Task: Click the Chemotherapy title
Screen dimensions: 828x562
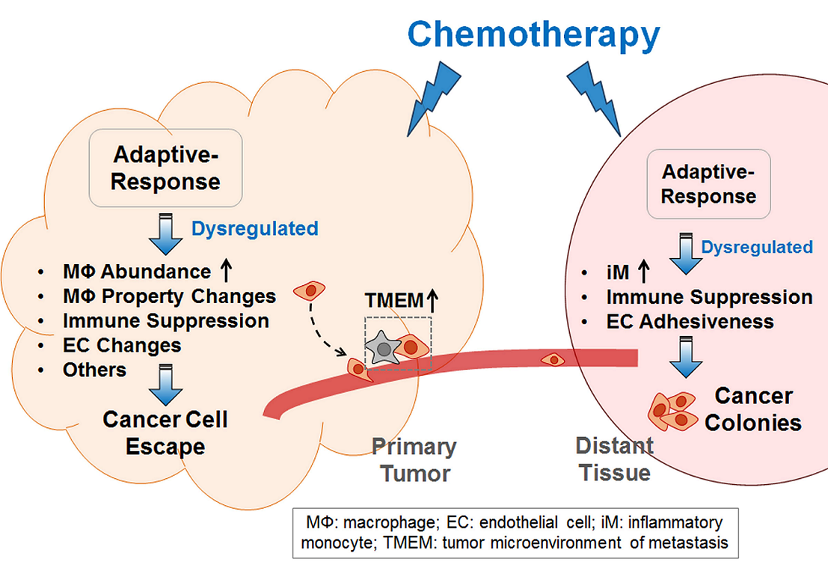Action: click(x=533, y=36)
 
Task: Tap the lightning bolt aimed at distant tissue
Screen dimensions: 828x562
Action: click(x=594, y=99)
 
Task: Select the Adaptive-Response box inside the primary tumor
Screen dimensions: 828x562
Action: click(x=165, y=168)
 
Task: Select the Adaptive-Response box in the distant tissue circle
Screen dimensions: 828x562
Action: click(x=708, y=184)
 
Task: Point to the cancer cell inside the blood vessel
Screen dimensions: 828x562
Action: click(x=553, y=360)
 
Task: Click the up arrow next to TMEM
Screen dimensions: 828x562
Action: click(x=432, y=300)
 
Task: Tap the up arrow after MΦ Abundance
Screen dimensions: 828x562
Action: click(x=225, y=270)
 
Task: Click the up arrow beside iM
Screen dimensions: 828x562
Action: click(x=643, y=271)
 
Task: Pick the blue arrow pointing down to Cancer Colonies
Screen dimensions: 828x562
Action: click(x=686, y=357)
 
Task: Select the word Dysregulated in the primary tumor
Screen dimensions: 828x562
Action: click(x=255, y=228)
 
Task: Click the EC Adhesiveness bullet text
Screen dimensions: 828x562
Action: click(x=690, y=321)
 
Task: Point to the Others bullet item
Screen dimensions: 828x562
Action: click(x=94, y=370)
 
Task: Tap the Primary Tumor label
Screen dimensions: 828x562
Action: click(x=414, y=460)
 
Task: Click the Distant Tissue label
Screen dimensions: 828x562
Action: click(x=615, y=459)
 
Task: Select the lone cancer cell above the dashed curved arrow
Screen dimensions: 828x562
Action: click(x=310, y=290)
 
